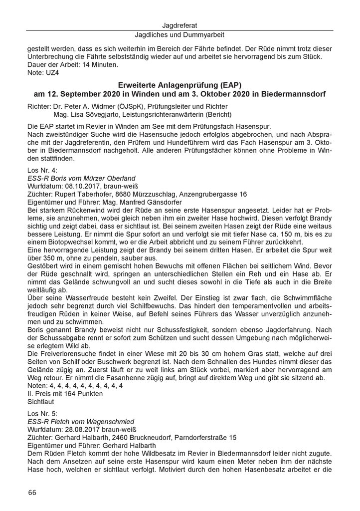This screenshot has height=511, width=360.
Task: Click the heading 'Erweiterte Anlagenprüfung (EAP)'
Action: click(x=180, y=86)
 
